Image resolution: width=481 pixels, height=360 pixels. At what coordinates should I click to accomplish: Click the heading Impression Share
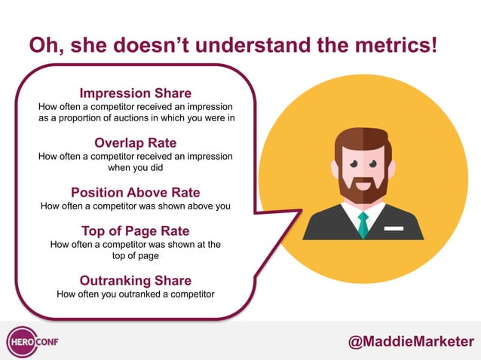click(136, 93)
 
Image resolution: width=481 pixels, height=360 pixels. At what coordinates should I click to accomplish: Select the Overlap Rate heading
click(136, 142)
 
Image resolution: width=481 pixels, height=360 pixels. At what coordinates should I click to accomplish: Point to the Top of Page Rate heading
click(136, 230)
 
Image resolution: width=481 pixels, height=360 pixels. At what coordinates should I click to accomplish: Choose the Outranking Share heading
click(136, 280)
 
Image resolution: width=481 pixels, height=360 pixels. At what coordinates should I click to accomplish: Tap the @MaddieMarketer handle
click(411, 341)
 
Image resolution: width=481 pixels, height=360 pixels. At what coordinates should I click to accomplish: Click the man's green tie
click(363, 224)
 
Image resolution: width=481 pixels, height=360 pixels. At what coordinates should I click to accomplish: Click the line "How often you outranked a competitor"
click(136, 294)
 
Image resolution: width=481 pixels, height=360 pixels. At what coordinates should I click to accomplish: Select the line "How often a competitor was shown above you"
click(136, 205)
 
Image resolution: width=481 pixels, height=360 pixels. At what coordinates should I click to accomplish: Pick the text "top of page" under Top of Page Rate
click(136, 255)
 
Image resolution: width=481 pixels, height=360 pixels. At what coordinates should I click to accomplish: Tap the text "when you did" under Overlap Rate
click(136, 167)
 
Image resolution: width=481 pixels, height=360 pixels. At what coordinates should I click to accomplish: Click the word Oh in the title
click(43, 45)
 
